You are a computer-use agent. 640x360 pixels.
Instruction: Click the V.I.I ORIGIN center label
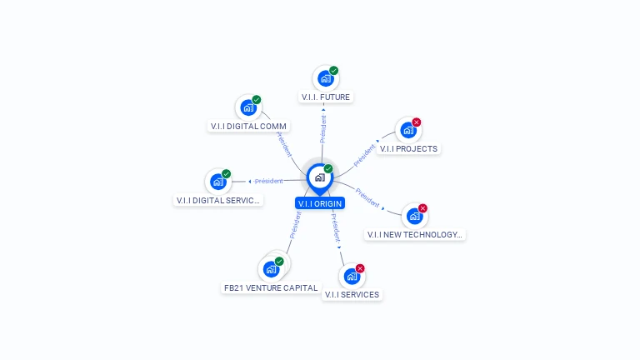tap(319, 203)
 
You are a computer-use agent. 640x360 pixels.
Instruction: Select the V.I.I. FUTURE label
tap(325, 97)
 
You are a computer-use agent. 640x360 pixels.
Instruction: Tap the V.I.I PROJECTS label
tap(407, 149)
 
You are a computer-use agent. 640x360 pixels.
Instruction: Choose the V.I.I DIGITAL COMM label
tap(248, 127)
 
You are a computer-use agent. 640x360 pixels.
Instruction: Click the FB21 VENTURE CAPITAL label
tap(271, 288)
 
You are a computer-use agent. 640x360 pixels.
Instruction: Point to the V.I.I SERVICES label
tap(352, 294)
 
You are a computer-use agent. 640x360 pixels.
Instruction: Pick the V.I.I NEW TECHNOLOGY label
tap(414, 235)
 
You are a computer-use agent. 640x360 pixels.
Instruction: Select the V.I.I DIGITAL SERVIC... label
tap(218, 201)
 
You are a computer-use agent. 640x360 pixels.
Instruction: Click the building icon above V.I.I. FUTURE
tap(325, 79)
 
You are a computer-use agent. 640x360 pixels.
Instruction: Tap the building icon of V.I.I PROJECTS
tap(407, 130)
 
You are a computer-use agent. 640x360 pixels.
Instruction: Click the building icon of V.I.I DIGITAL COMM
tap(247, 107)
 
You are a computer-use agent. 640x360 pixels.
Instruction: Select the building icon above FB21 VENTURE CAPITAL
tap(270, 269)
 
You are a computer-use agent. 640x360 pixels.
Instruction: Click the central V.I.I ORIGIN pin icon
tap(319, 177)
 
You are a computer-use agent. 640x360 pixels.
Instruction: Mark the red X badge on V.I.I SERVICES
tap(360, 268)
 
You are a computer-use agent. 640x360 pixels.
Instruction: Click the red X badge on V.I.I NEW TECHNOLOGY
tap(422, 208)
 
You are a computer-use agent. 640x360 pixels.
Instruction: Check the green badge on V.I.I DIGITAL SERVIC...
tap(227, 174)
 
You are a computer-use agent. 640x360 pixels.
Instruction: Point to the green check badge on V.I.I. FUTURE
tap(334, 71)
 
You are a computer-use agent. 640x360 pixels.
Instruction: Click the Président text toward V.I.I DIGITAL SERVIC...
tap(268, 181)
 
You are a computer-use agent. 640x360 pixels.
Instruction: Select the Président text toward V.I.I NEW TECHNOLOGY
tap(367, 197)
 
